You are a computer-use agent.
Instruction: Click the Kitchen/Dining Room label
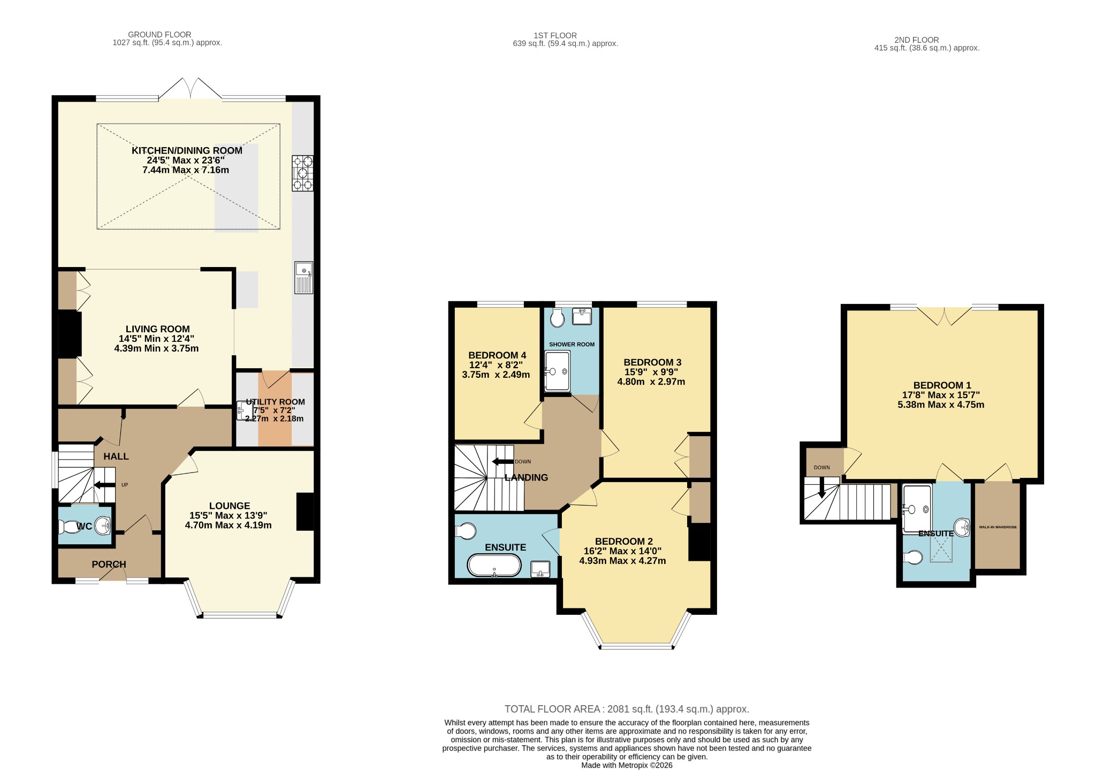coord(187,151)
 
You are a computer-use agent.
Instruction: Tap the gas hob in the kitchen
coord(302,173)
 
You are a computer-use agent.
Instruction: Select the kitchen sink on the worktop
coord(303,277)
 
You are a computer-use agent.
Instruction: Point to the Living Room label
coord(157,329)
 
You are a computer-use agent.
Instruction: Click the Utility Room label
coord(275,402)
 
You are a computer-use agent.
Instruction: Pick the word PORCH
coord(109,565)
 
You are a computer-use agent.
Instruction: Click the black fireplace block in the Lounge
coord(305,512)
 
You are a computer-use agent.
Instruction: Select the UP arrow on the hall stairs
coord(104,485)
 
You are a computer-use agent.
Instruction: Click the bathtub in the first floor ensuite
coord(494,565)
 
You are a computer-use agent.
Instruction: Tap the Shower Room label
coord(572,345)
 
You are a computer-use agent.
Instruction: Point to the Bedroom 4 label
coord(497,355)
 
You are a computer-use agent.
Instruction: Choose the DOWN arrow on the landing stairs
coord(503,462)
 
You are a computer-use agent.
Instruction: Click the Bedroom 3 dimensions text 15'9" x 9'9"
coord(651,372)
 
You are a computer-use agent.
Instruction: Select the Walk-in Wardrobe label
coord(998,527)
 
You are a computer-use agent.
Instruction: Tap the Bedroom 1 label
coord(942,385)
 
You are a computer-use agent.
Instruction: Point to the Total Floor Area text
coord(627,709)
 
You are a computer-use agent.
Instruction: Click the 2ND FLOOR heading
coord(916,40)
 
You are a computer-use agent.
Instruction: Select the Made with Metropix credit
coord(627,765)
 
